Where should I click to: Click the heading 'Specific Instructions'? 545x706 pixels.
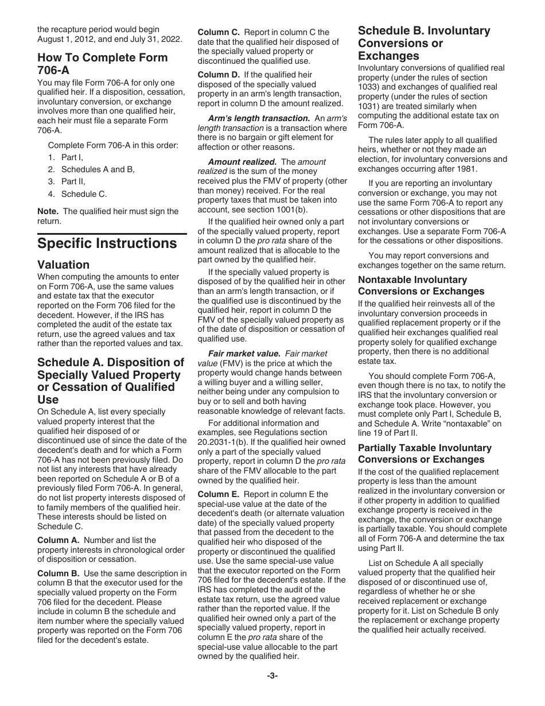107,243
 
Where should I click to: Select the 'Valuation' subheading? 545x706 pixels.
64,265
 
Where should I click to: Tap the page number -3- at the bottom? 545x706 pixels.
272,676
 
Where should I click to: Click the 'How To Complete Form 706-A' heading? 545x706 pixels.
103,64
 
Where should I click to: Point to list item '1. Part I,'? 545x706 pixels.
66,157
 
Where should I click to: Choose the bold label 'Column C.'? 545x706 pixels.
219,32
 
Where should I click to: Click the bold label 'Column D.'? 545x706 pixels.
219,75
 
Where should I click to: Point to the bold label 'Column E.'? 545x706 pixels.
219,494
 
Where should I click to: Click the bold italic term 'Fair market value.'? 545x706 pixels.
244,354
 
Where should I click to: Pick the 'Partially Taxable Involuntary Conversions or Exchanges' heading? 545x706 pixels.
425,453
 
